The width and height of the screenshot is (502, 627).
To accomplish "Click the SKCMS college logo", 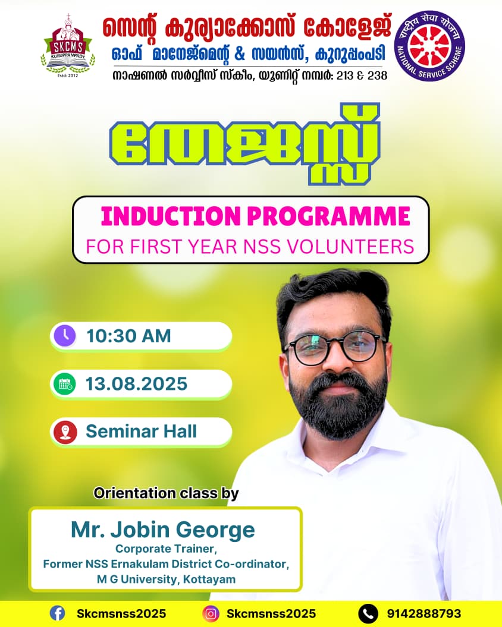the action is [68, 46].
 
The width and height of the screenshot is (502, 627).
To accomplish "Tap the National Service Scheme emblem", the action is [429, 46].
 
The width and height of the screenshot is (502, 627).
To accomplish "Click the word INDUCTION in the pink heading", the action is [171, 216].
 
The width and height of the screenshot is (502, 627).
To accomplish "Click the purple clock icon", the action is [65, 336].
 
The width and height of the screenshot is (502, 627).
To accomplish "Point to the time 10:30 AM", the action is [129, 336].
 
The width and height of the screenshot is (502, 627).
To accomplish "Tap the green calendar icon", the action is [65, 384].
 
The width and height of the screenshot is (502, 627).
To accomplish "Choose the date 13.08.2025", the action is [137, 384].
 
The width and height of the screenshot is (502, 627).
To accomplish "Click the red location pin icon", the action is [65, 432].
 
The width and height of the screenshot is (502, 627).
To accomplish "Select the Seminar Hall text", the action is [142, 431].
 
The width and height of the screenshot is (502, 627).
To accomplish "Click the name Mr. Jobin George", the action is [163, 530].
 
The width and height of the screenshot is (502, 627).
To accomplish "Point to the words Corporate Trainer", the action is [166, 549].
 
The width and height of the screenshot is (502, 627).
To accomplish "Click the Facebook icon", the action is [57, 613].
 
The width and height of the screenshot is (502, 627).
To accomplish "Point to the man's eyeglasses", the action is [335, 346].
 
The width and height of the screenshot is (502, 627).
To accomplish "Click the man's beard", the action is [338, 404].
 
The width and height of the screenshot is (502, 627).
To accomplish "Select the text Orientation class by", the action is [166, 493].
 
